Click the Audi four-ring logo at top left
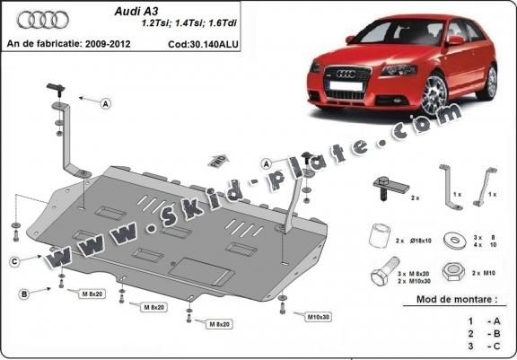[x=31, y=19]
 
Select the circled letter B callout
[x=25, y=294]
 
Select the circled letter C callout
[x=15, y=261]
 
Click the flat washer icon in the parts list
[x=455, y=239]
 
